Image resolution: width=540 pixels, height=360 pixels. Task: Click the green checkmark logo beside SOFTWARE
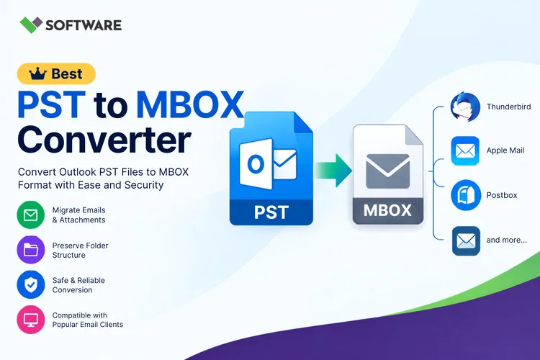(31, 24)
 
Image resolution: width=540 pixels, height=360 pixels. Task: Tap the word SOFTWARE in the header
(84, 25)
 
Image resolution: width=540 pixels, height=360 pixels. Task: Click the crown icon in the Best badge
(37, 73)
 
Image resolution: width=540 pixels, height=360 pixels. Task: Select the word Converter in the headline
(104, 140)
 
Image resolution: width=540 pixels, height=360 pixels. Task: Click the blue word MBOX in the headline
(190, 104)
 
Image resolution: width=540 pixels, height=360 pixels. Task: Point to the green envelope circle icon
(31, 215)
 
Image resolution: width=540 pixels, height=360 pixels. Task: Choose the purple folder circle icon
(31, 250)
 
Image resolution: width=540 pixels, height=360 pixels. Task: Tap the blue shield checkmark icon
(31, 284)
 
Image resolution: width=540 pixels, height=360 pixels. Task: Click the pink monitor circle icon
(31, 320)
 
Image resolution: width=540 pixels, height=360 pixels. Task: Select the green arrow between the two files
(333, 170)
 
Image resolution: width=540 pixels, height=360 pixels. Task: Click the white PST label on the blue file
(271, 212)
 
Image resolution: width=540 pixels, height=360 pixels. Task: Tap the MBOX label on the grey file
(387, 210)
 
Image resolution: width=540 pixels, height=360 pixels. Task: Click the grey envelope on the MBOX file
(388, 171)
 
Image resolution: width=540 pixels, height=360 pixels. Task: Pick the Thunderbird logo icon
(465, 107)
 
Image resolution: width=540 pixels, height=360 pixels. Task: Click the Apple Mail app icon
(465, 151)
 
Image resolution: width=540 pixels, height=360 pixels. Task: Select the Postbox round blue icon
(466, 195)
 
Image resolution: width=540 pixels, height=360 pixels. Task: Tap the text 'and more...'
(507, 240)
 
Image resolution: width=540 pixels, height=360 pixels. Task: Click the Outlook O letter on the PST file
(256, 164)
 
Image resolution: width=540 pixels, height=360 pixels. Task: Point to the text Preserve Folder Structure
(80, 251)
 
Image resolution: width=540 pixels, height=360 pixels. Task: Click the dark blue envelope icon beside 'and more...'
(466, 240)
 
